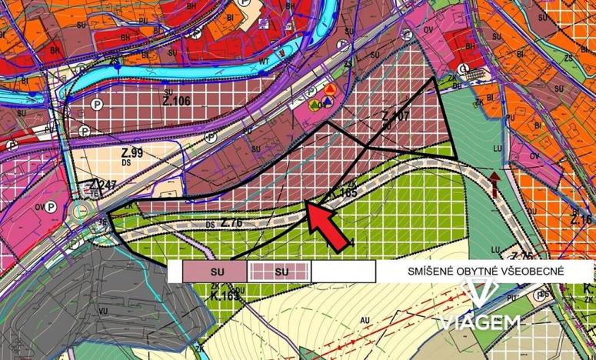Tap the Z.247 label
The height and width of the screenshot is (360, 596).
(x=102, y=185)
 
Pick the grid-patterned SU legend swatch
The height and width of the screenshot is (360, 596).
(x=280, y=272)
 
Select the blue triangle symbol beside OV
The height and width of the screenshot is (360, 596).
(x=328, y=102)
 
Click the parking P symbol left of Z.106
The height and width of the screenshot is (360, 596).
(x=98, y=104)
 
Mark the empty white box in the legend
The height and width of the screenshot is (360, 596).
(x=343, y=272)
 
